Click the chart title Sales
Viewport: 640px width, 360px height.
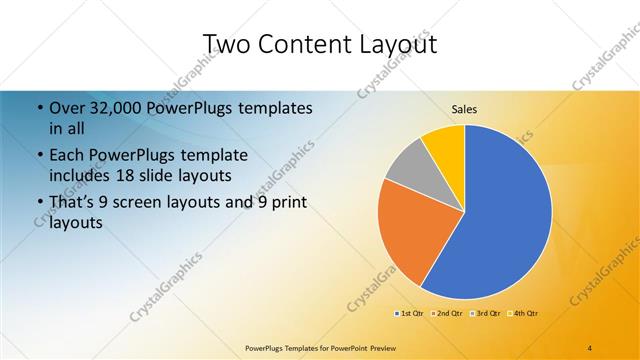(464, 108)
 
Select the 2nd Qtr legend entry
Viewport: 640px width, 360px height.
(448, 314)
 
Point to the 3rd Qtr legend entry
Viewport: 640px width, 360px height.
(486, 314)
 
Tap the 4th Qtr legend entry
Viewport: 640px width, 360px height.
(524, 314)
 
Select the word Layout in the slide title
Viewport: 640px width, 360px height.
(394, 44)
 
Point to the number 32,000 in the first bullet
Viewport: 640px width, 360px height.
(116, 107)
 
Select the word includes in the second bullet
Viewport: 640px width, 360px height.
(77, 176)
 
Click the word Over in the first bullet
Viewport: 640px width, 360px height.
(67, 107)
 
